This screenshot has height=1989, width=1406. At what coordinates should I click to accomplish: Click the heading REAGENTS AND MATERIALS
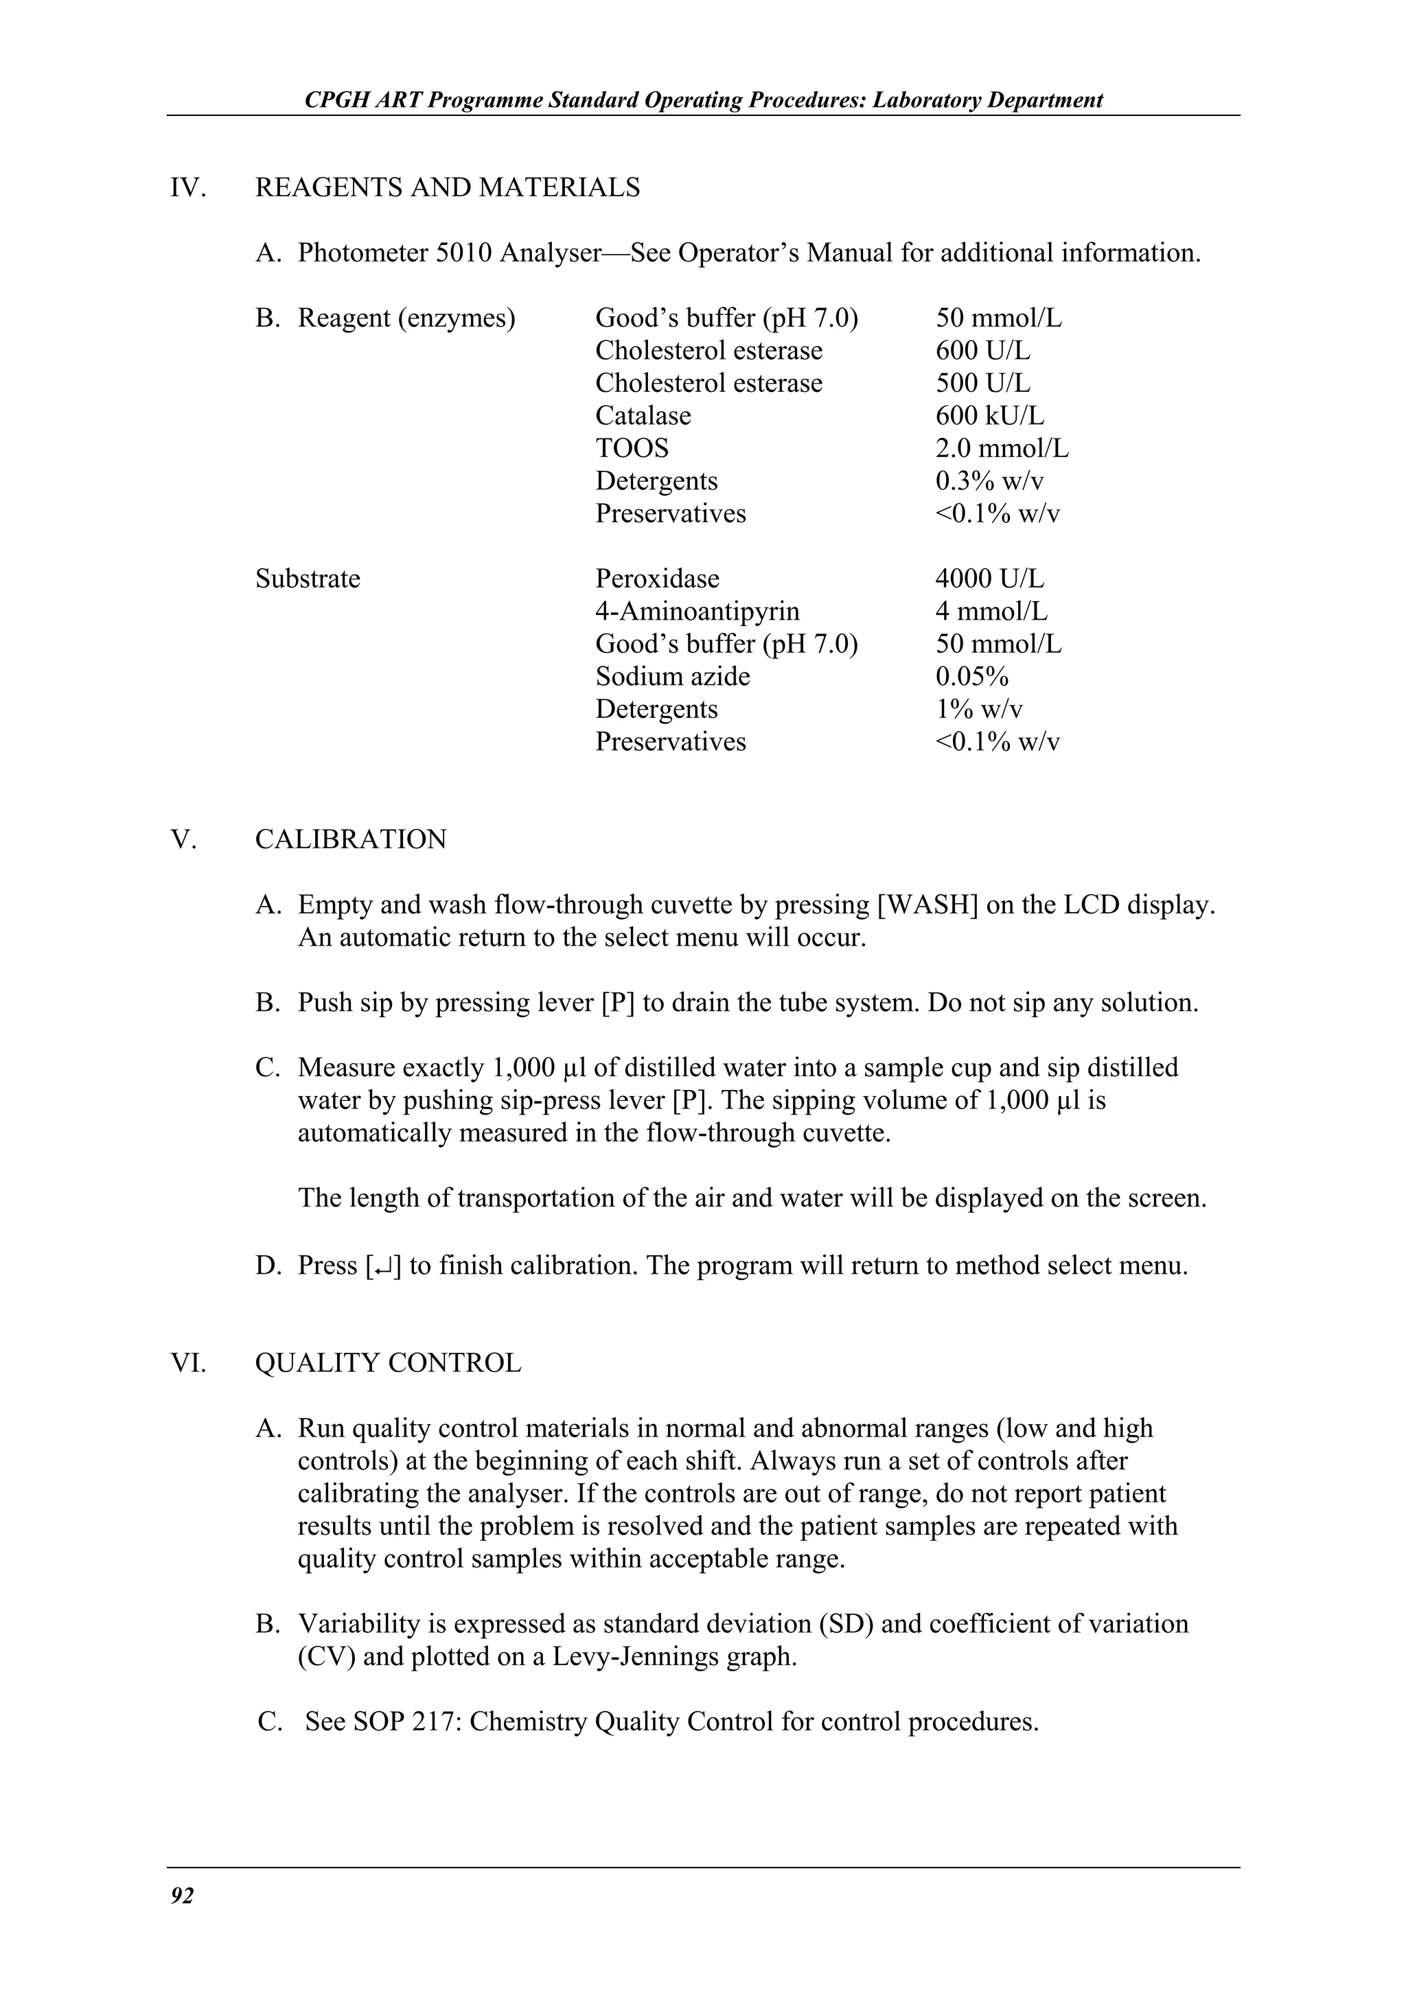click(447, 187)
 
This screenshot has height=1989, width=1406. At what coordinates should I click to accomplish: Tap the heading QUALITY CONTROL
click(388, 1362)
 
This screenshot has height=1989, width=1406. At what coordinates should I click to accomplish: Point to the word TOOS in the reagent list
click(632, 449)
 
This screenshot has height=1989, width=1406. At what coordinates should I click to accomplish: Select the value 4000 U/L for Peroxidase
click(989, 579)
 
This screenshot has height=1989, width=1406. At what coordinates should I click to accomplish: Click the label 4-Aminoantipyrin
click(697, 612)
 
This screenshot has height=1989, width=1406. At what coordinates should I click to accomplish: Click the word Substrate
click(308, 579)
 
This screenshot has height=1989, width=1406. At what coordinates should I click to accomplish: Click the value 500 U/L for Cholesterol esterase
click(982, 383)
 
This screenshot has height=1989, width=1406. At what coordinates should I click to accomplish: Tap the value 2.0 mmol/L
click(1002, 449)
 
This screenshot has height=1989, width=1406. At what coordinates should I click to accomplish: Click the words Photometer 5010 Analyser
click(449, 253)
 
